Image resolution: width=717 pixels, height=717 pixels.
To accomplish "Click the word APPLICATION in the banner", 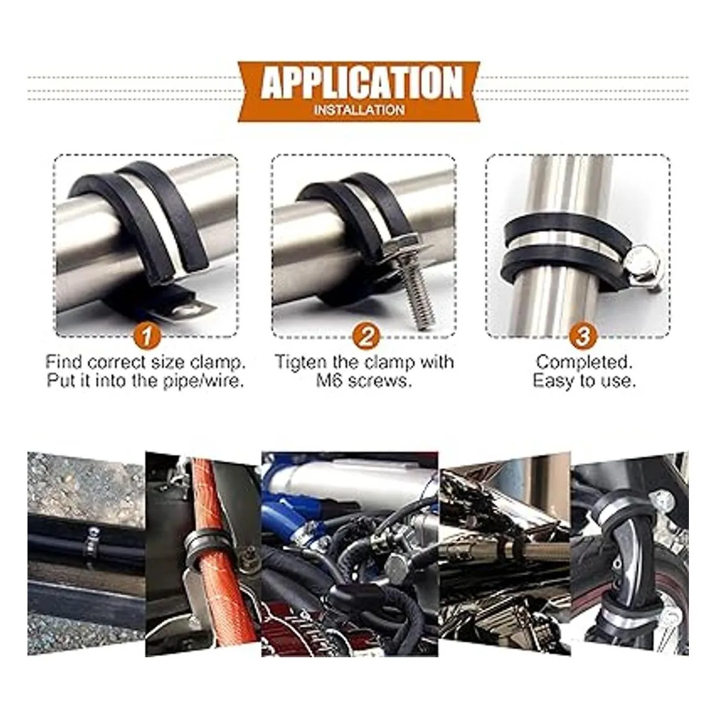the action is [361, 82].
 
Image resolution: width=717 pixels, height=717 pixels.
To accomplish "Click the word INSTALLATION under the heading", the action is [359, 110].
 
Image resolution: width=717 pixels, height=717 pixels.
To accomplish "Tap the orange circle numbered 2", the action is [366, 336].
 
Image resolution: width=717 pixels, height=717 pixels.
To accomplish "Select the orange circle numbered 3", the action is [583, 336].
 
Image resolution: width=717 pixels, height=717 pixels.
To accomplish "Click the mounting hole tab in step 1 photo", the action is [188, 307].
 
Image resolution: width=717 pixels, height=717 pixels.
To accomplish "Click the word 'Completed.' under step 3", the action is [584, 362].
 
